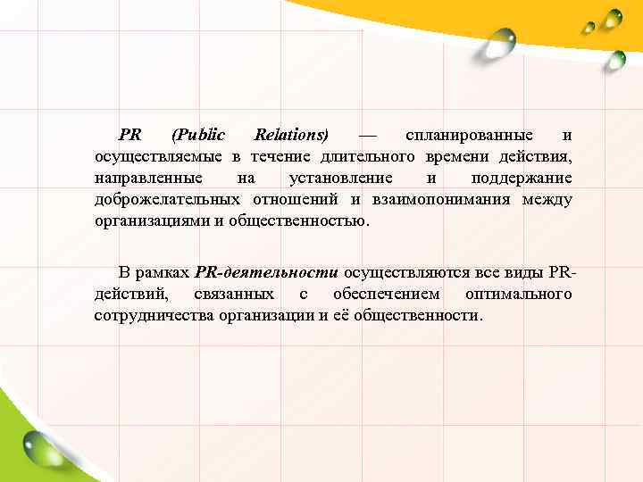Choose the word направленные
pyautogui.click(x=148, y=179)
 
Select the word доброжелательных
pyautogui.click(x=167, y=199)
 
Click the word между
pyautogui.click(x=547, y=199)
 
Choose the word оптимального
pyautogui.click(x=518, y=294)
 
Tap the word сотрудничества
pyautogui.click(x=154, y=315)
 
